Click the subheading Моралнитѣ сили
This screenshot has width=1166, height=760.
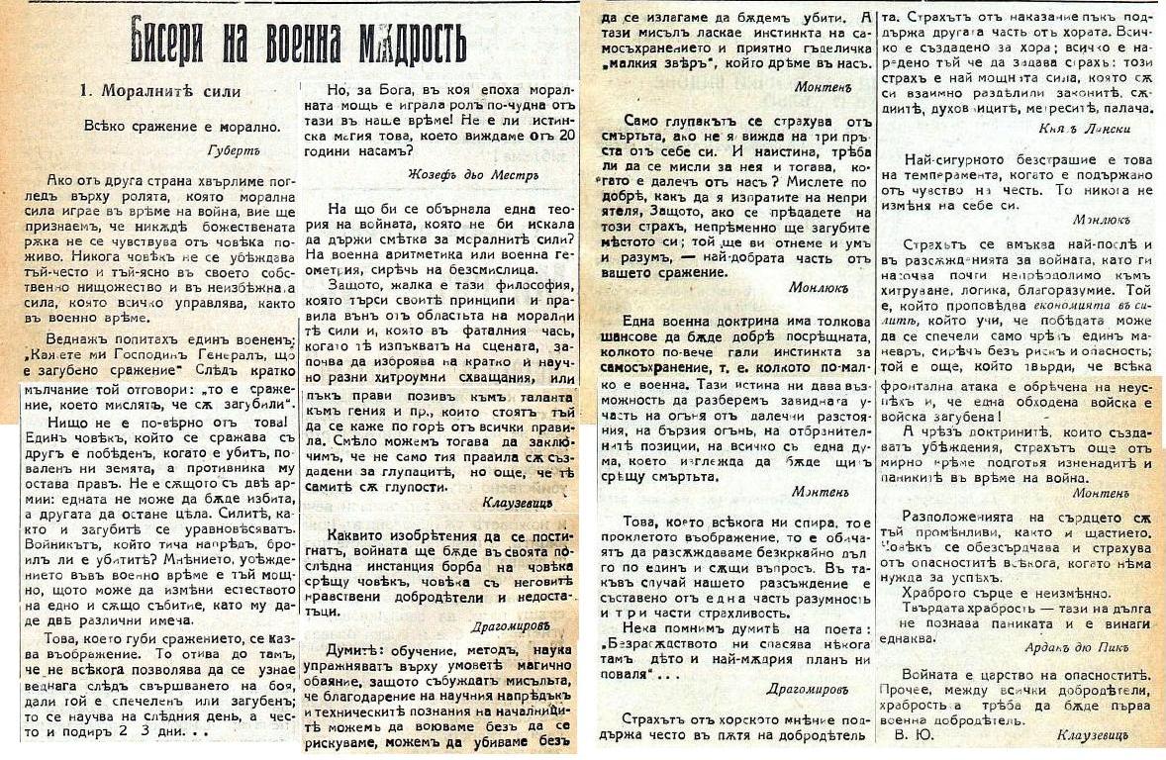click(160, 90)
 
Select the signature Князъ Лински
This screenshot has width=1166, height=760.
click(1092, 130)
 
